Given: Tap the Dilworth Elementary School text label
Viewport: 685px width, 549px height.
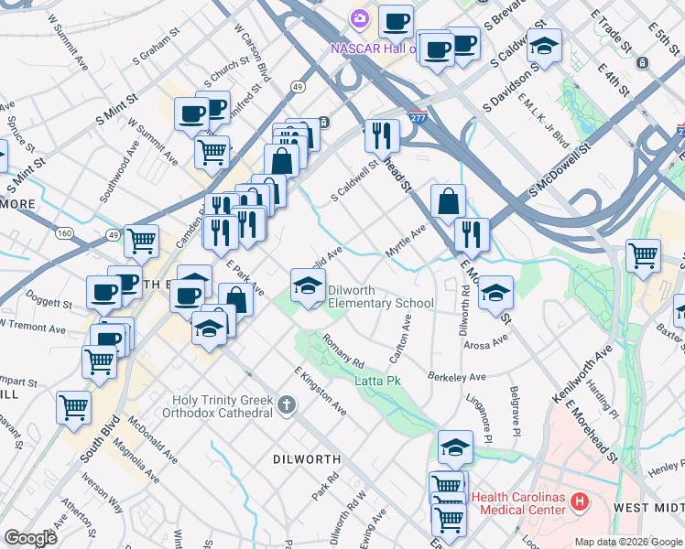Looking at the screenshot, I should click(x=380, y=296).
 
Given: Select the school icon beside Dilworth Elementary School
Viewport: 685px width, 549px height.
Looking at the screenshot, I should click(x=308, y=285).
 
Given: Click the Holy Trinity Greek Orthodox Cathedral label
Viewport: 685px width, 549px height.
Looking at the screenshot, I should click(x=224, y=406).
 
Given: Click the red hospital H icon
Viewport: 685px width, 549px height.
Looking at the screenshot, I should click(x=579, y=501).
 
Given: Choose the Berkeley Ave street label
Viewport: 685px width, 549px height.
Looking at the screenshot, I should click(x=457, y=376).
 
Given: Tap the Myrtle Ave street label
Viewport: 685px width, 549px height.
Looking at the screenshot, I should click(x=406, y=242).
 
